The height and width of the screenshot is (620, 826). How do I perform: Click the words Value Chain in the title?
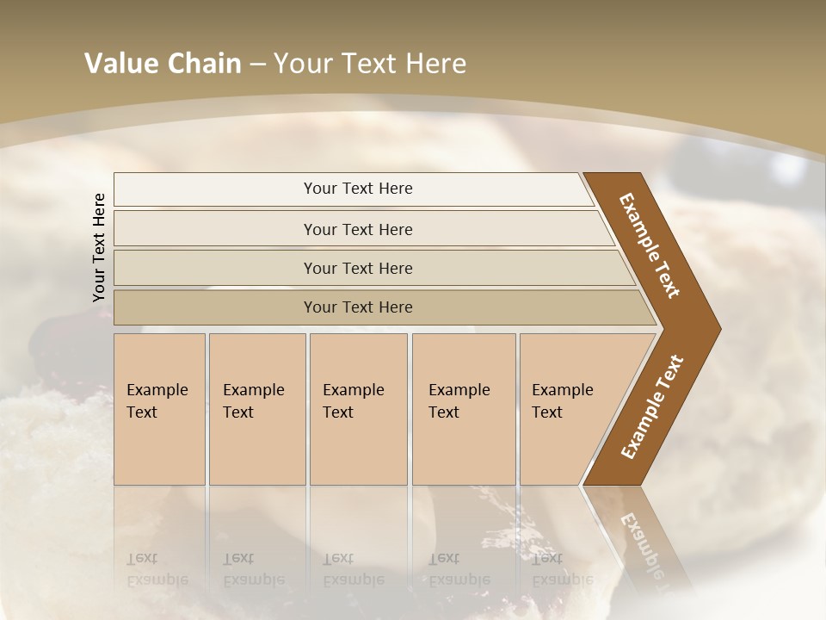coord(163,64)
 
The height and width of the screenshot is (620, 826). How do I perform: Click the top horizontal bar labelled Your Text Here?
coord(215,189)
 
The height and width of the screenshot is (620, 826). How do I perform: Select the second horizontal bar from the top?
coord(215,229)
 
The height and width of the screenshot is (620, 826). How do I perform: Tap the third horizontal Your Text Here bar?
coord(215,268)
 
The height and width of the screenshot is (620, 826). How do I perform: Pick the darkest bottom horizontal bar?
coord(215,307)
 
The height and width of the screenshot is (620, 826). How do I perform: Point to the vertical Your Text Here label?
coord(100,247)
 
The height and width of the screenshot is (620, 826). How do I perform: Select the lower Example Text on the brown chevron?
coord(652,406)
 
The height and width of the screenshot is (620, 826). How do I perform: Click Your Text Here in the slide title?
coord(370,64)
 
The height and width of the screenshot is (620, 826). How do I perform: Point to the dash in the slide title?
coord(257,65)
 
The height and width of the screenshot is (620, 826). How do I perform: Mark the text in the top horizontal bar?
coord(358,189)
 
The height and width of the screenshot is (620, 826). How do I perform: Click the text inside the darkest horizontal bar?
coord(358,307)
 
